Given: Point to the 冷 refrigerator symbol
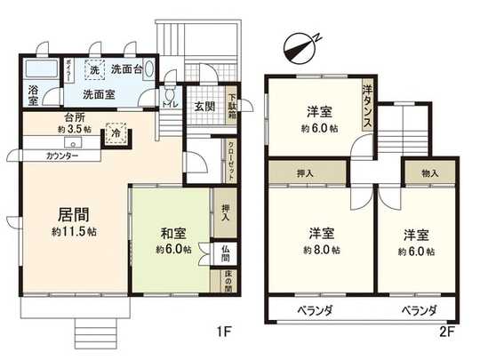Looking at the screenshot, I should [x=116, y=132].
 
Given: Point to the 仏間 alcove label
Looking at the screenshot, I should [x=226, y=253].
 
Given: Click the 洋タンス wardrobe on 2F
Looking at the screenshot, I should [x=366, y=103].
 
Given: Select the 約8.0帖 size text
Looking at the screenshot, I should [x=321, y=250].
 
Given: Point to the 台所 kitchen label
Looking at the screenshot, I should [x=74, y=116].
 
